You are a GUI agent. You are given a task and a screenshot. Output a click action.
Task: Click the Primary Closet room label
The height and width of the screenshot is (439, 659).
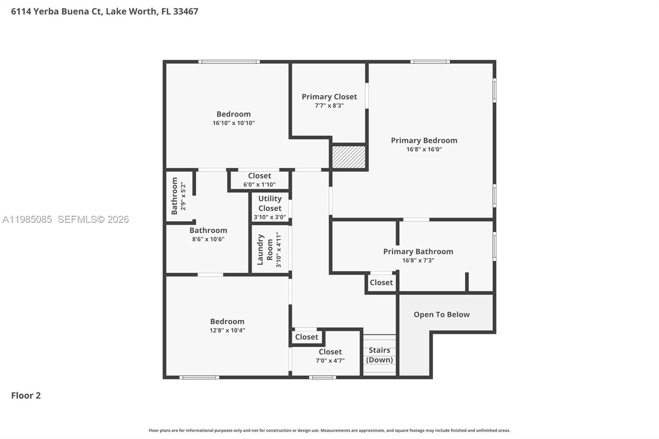(x=329, y=97)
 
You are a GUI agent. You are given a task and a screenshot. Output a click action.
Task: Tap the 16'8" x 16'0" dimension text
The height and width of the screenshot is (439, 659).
(x=424, y=149)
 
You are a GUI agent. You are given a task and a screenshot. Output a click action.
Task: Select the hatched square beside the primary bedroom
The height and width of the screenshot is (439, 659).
(x=349, y=157)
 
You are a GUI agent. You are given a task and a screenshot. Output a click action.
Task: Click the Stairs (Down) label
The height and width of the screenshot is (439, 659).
(x=379, y=355)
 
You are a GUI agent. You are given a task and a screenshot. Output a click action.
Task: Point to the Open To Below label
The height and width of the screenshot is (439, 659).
(x=442, y=315)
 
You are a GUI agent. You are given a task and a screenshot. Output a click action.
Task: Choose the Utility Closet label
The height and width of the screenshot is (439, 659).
(x=270, y=203)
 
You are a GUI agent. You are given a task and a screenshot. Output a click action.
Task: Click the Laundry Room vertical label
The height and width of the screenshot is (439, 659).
(x=265, y=250)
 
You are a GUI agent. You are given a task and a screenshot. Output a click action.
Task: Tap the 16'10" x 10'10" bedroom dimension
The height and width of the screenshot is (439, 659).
(x=234, y=123)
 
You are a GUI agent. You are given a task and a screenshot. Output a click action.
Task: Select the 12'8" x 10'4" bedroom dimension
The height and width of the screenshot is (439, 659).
(x=227, y=330)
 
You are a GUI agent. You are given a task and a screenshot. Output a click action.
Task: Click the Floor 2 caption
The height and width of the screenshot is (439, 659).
(x=26, y=396)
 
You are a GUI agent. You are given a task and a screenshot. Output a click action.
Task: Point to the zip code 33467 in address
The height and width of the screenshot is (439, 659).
(x=185, y=12)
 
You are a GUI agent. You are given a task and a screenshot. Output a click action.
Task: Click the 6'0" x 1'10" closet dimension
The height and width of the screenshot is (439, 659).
(x=259, y=184)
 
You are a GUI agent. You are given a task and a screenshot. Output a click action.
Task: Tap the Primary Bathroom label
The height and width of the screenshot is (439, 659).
(x=418, y=252)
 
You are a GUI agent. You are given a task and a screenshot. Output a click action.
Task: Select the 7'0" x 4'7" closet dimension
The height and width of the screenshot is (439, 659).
(x=330, y=361)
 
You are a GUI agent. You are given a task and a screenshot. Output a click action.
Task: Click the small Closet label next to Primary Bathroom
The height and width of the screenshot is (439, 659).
(x=381, y=283)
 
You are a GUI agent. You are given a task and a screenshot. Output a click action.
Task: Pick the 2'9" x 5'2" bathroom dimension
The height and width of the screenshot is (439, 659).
(x=183, y=197)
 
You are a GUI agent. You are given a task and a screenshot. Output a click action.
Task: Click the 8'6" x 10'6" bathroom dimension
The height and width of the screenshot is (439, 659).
(x=208, y=239)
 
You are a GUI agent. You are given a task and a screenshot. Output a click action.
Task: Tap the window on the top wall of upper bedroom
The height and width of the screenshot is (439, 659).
(x=229, y=62)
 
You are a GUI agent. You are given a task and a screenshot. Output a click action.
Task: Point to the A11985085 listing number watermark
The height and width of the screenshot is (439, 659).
(x=27, y=219)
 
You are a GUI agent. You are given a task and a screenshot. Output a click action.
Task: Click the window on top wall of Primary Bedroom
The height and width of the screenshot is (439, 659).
(x=430, y=62)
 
